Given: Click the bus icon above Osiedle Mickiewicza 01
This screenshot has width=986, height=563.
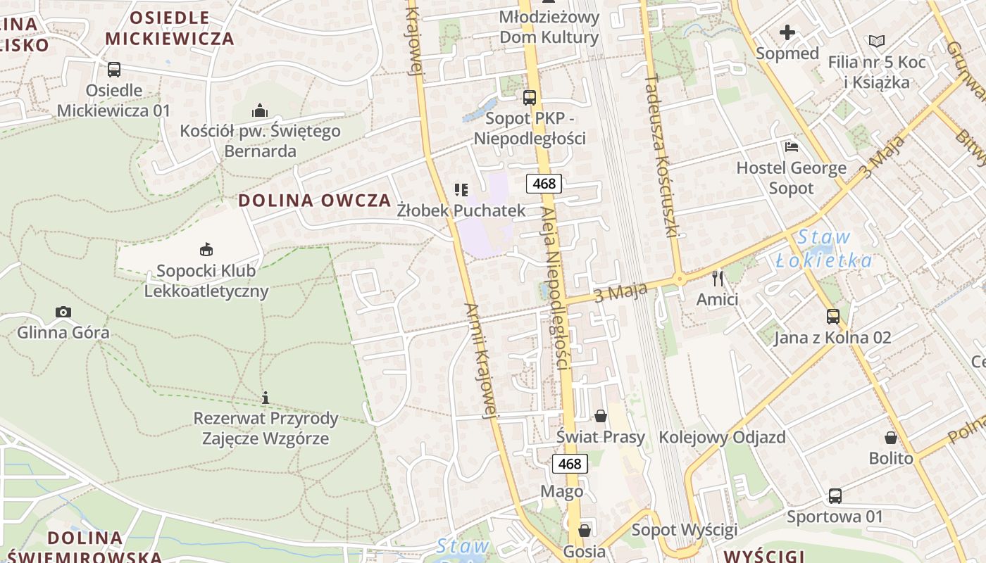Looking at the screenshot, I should click(113, 70).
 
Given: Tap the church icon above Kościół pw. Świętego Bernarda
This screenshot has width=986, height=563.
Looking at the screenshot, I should click(260, 110).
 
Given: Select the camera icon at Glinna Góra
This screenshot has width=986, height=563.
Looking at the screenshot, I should click(63, 312).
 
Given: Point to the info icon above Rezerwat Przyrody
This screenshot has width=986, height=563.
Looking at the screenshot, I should click(266, 398).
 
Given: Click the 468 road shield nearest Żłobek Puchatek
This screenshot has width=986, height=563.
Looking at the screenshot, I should click(544, 184).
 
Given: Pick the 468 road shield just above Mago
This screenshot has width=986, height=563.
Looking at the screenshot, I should click(569, 464).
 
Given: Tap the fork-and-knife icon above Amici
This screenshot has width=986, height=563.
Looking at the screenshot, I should click(718, 279).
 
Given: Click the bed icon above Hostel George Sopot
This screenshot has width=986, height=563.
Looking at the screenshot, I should click(792, 147).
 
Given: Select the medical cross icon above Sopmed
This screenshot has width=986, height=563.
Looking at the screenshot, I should click(787, 32).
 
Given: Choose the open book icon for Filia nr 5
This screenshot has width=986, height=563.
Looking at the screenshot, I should click(877, 42).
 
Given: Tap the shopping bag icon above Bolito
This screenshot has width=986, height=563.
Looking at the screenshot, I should click(891, 438).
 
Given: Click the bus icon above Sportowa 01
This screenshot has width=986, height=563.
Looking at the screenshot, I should click(835, 496).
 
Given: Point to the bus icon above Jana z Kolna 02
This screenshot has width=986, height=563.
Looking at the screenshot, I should click(833, 317).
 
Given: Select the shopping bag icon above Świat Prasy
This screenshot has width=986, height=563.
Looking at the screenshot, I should click(601, 416).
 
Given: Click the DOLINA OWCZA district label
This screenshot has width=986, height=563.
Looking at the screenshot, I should click(314, 200).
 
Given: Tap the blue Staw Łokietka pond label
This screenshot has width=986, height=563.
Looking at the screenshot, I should click(824, 248).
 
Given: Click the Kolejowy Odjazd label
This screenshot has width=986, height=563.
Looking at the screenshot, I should click(722, 437).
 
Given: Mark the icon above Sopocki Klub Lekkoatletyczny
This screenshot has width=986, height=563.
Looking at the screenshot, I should click(206, 249).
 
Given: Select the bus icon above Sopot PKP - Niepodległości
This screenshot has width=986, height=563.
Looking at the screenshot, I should click(530, 98).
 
